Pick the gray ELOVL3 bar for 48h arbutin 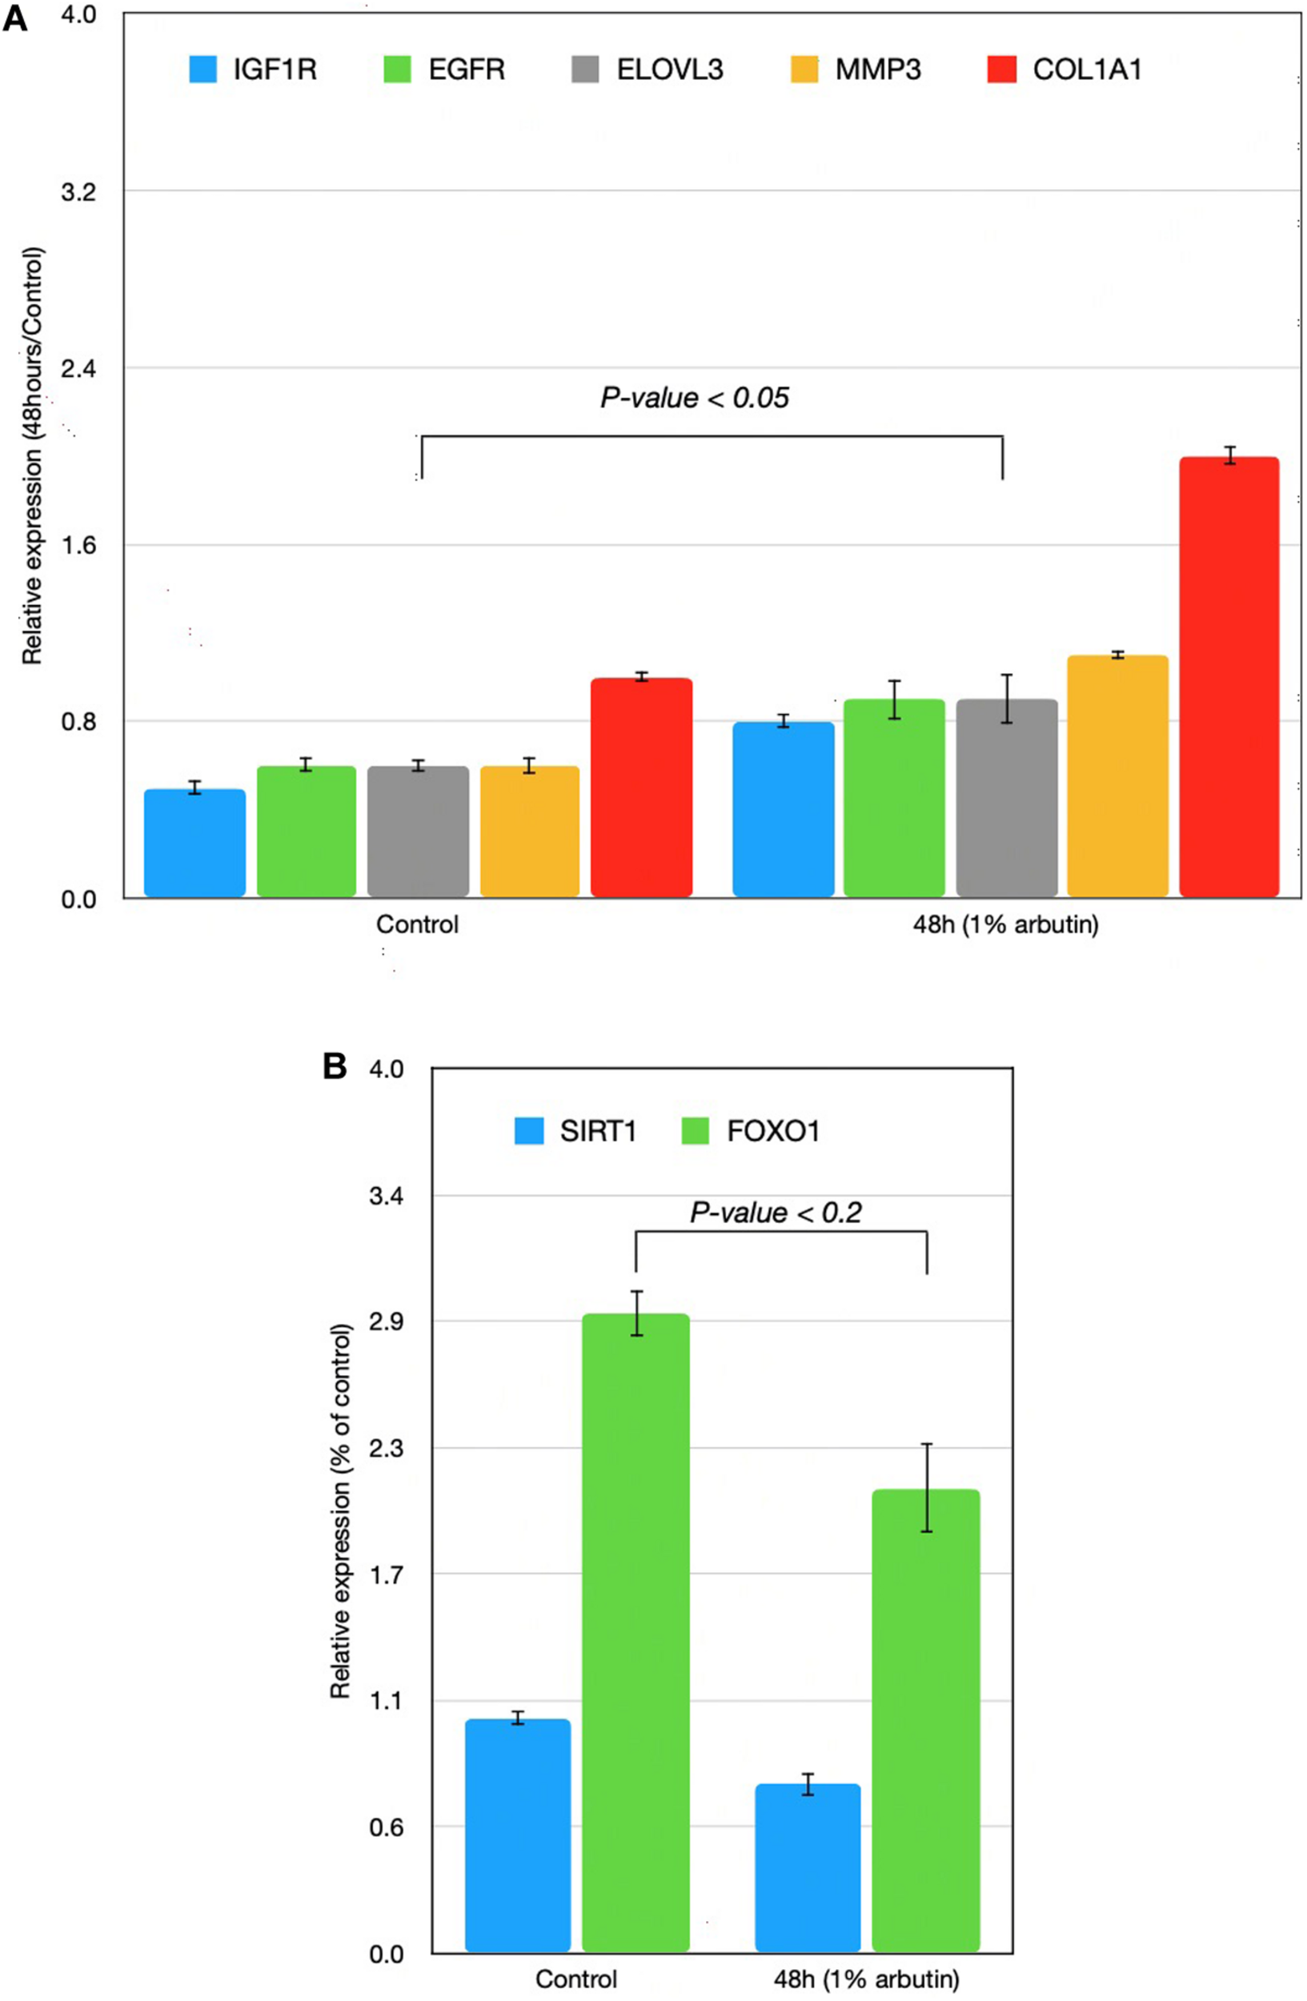coord(1006,799)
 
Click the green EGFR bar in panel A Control coord(307,832)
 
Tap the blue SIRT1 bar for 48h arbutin coord(808,1867)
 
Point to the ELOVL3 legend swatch coord(585,69)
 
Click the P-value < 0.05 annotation coord(694,398)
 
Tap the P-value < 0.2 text coord(775,1213)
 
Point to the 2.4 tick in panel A coord(78,368)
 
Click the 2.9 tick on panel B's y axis coord(385,1321)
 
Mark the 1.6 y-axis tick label coord(78,545)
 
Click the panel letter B coord(335,1068)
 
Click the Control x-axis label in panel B coord(575,1979)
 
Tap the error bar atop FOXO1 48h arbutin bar coord(926,1488)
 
